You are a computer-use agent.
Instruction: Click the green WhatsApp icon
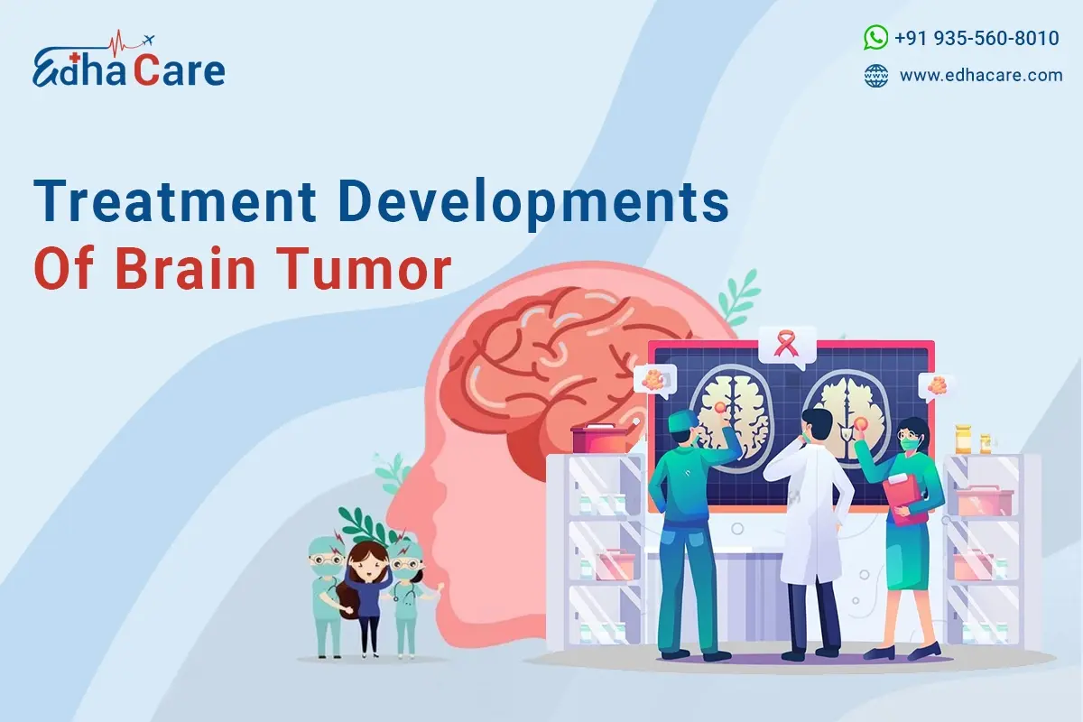point(875,38)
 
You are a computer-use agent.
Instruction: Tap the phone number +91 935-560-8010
point(977,38)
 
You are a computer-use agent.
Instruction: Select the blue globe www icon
point(876,76)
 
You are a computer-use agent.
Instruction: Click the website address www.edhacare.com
point(981,76)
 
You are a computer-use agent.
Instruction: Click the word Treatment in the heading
point(175,200)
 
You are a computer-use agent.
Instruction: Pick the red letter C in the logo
point(146,71)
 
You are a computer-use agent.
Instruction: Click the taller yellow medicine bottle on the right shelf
point(963,440)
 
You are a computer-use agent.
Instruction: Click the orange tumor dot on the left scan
point(721,408)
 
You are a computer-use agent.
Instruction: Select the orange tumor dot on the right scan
point(861,424)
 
